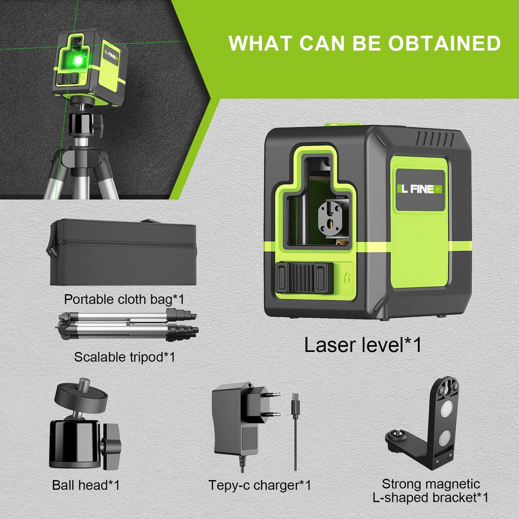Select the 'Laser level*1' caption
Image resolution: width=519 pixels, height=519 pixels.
pos(362,345)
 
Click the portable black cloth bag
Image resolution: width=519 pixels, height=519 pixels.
pos(122,254)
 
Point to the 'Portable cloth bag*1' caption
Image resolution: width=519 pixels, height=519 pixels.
pos(124,299)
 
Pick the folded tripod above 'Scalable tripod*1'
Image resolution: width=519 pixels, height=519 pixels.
pos(127,326)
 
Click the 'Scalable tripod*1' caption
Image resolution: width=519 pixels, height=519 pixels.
pos(125,357)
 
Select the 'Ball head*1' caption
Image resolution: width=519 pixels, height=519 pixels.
pos(86,485)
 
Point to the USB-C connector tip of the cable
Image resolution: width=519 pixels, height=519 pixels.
pos(295,400)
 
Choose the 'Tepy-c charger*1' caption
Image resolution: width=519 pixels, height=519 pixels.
pos(259,485)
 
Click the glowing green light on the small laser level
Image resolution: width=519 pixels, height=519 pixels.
pos(77,61)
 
